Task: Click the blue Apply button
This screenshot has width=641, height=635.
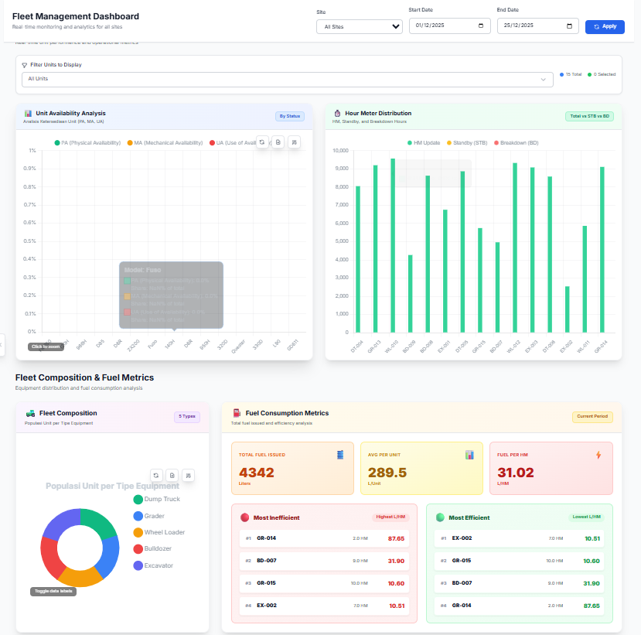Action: (605, 26)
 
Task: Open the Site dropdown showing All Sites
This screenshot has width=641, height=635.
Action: (359, 26)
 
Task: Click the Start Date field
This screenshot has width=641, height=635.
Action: (450, 26)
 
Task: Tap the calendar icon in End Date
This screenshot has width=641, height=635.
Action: (570, 26)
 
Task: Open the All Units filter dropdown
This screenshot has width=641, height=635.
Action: (287, 79)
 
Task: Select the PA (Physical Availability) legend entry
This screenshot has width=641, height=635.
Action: (87, 143)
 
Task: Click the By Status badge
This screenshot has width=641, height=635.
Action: (290, 116)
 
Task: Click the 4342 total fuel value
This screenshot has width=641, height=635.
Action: (256, 473)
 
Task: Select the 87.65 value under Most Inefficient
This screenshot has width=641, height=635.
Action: (396, 538)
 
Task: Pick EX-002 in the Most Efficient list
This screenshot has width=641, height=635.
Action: (462, 538)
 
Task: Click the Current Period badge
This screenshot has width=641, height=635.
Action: (592, 417)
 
